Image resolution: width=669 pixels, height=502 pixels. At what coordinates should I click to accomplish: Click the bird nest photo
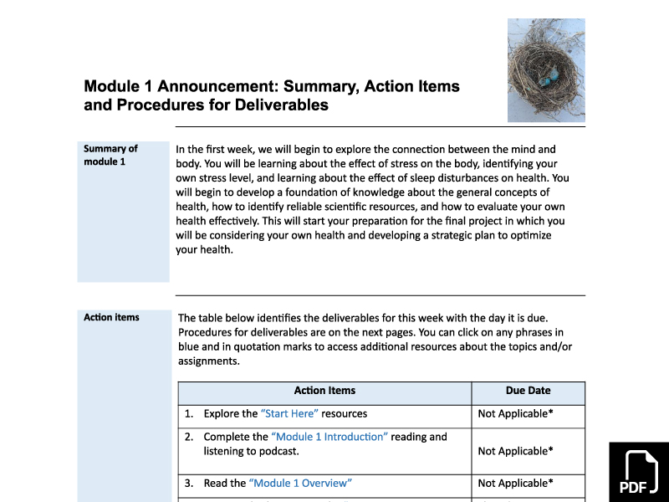546,70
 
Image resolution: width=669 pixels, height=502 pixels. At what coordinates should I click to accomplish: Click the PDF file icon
638,473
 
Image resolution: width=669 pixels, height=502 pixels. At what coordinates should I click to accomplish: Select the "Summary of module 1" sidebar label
110,155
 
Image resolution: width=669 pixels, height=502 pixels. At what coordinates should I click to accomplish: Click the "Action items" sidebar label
111,317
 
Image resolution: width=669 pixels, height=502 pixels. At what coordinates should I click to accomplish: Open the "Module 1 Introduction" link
329,437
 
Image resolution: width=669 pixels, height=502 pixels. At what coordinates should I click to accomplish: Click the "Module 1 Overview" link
300,483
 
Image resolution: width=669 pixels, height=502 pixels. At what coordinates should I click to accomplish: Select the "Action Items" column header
324,391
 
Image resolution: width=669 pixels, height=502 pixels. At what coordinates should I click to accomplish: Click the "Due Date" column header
528,391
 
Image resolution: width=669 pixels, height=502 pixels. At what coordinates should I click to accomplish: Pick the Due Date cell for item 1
515,413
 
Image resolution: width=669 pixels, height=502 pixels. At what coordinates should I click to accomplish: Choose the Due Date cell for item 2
515,451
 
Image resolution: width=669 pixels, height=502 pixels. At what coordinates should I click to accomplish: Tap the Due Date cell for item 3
515,483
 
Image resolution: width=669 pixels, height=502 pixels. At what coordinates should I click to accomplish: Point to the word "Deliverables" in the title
278,105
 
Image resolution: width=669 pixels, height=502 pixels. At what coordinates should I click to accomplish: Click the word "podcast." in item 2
279,451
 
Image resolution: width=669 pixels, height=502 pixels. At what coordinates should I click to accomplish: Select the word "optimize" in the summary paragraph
529,235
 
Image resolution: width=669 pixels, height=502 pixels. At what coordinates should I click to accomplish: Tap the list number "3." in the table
189,483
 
